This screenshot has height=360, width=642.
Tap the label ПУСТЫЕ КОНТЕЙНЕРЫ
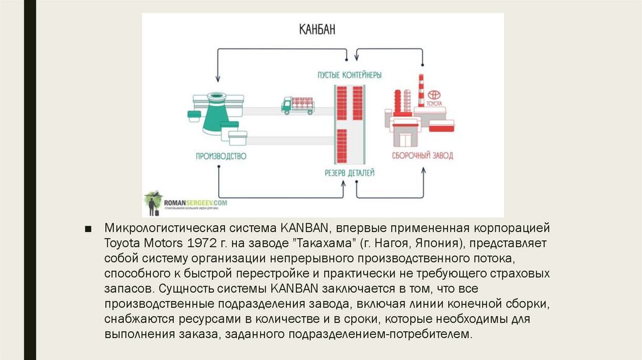point(349,75)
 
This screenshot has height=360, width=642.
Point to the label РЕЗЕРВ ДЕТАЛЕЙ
point(349,171)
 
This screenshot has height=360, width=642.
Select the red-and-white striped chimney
point(420,94)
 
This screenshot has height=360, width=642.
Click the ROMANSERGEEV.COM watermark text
point(196,203)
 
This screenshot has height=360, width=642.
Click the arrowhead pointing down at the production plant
point(218,80)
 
